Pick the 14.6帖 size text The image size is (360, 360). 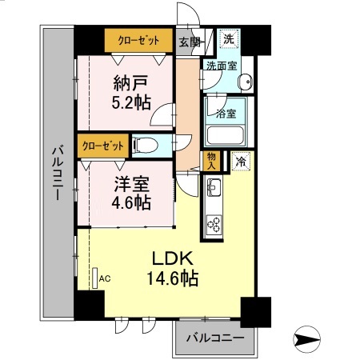click(172, 279)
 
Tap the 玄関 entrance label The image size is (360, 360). click(189, 41)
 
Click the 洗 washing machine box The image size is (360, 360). click(229, 38)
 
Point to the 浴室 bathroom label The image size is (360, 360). click(226, 114)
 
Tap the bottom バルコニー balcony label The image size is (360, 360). click(214, 338)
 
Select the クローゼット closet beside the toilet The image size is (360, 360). click(102, 146)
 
